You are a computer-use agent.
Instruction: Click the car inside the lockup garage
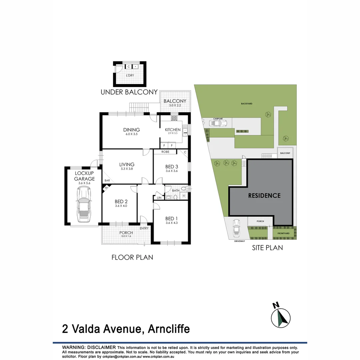click(x=83, y=205)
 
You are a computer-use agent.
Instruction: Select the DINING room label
click(x=131, y=130)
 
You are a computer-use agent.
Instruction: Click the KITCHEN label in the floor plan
click(x=173, y=130)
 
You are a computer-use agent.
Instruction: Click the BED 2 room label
click(x=121, y=202)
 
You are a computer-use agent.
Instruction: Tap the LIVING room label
click(x=127, y=164)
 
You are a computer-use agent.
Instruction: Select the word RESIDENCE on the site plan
click(x=264, y=196)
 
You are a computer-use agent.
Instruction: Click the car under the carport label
click(x=216, y=124)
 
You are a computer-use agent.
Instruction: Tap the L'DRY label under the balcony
click(x=130, y=76)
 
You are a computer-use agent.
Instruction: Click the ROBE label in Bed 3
click(x=165, y=152)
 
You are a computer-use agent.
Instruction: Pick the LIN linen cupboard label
click(x=159, y=198)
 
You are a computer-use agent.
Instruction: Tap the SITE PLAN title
click(x=267, y=248)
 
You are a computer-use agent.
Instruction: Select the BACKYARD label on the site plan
click(x=247, y=104)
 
